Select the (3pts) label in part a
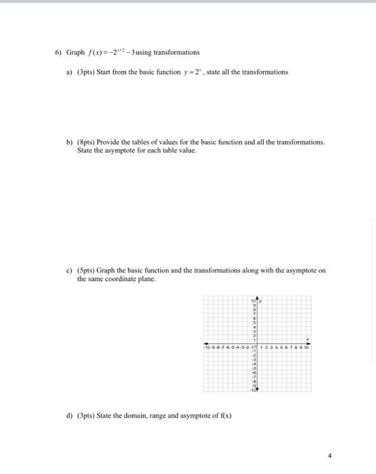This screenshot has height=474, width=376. (87, 72)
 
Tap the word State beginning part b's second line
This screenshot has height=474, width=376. (85, 150)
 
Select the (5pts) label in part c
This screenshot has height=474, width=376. (87, 270)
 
